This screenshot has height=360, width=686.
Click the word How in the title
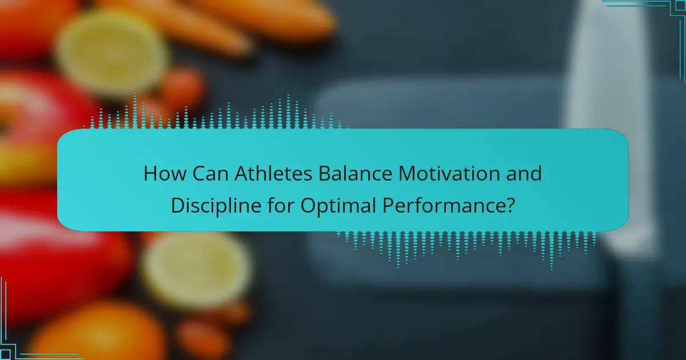point(165,174)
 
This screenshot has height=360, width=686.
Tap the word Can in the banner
point(210,174)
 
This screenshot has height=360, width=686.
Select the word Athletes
point(273,174)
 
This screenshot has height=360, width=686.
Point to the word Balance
point(355,174)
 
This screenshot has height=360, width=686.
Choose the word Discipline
point(216,205)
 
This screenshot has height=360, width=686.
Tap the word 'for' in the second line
point(281,205)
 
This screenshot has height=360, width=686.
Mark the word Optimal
point(338,206)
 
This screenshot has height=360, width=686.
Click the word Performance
point(444,206)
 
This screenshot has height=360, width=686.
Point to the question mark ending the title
point(510,205)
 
